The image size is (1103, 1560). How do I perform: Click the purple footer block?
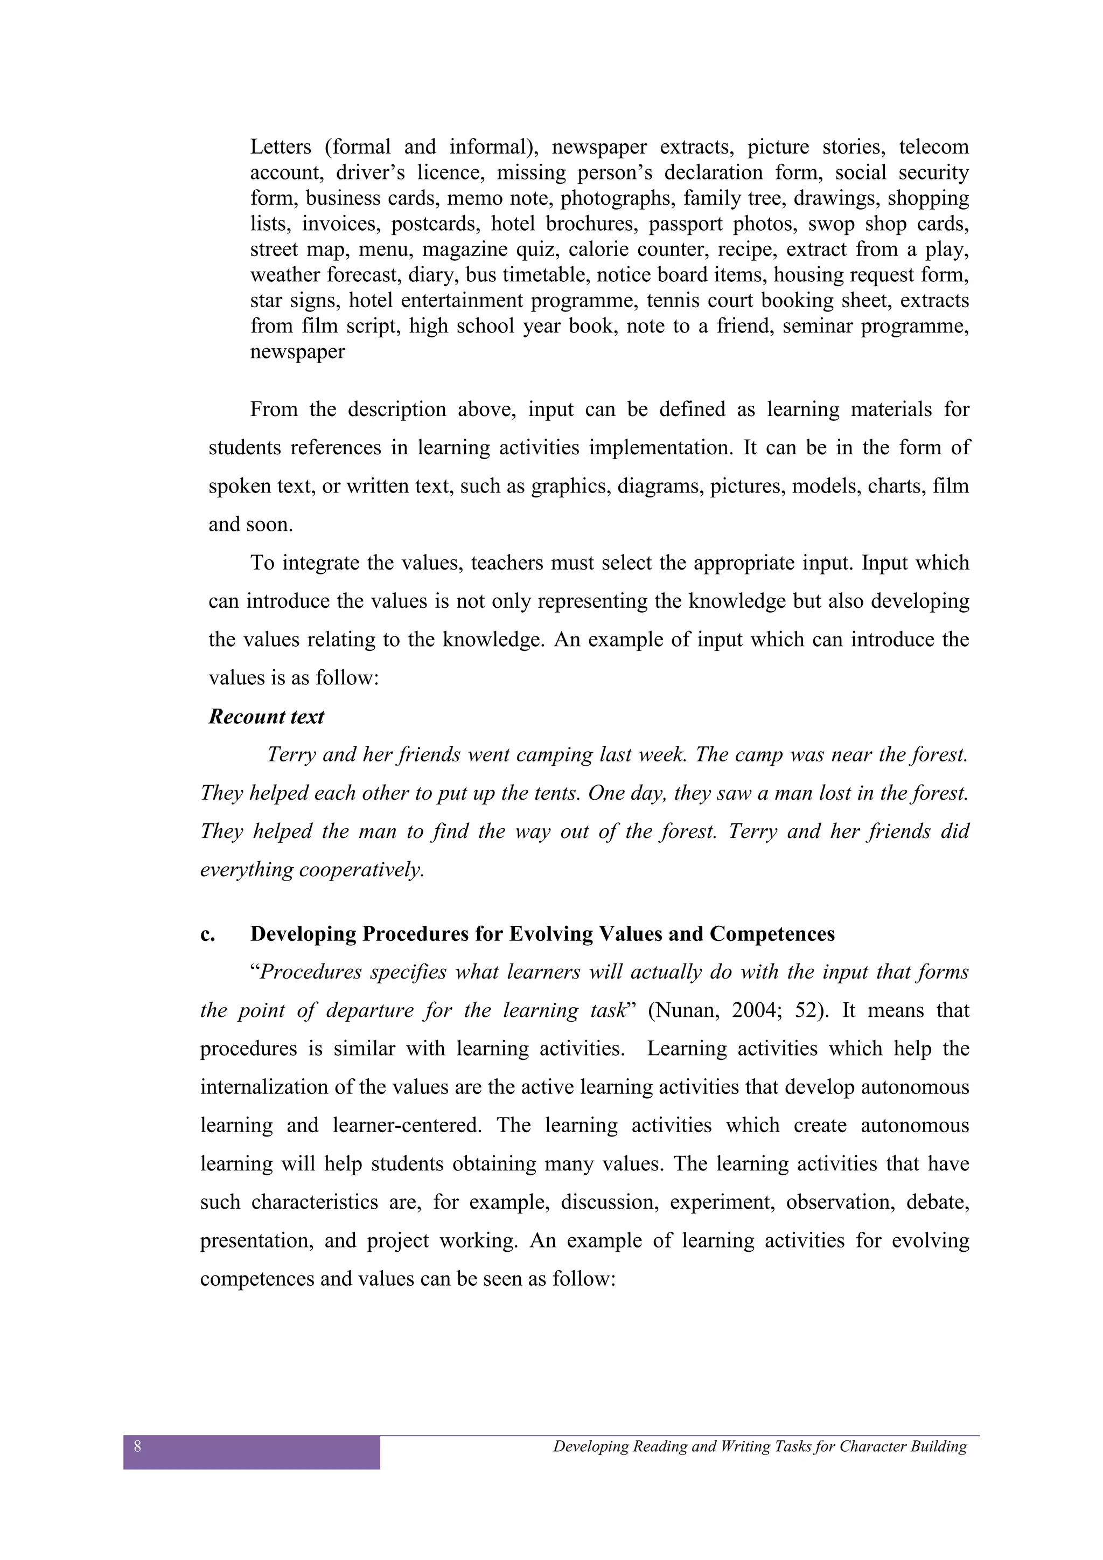(x=252, y=1453)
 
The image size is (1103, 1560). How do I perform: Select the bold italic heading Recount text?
(x=266, y=717)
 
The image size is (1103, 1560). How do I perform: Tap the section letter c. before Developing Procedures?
(x=207, y=934)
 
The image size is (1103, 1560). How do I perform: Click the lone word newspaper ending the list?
(x=297, y=352)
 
